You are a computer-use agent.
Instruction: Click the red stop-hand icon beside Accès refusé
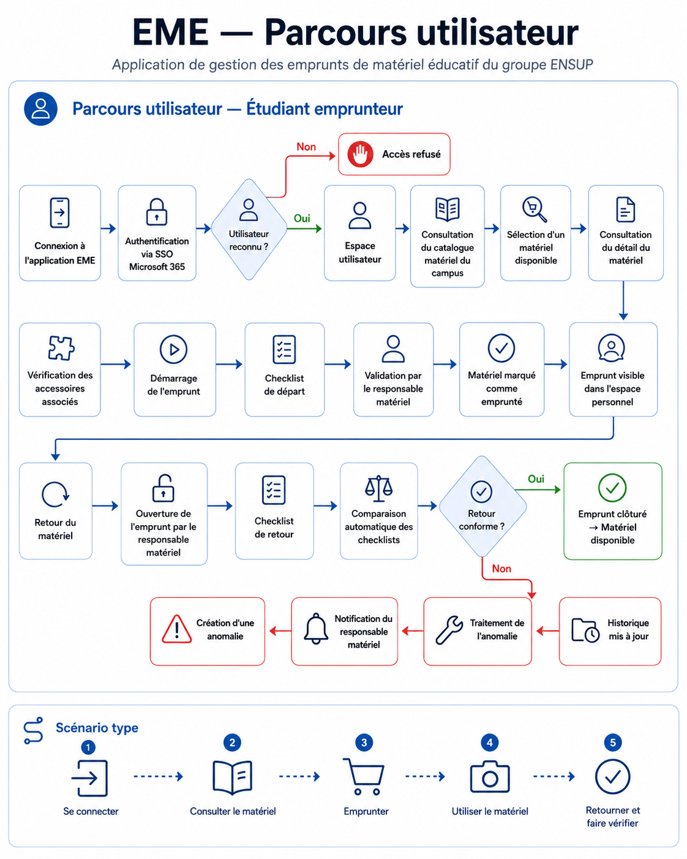[x=360, y=154]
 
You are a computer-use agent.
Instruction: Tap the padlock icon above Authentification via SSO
[x=157, y=212]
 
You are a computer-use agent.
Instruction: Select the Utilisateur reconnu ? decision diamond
[x=249, y=230]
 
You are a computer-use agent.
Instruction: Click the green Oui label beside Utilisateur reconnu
[x=302, y=218]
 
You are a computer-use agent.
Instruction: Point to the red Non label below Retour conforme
[x=501, y=569]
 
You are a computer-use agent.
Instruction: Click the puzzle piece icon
[x=61, y=348]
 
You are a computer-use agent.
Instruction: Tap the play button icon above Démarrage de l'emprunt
[x=173, y=349]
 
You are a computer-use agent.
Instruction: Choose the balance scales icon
[x=378, y=488]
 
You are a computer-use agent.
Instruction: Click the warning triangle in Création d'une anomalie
[x=177, y=629]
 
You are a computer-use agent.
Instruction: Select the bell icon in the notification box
[x=316, y=629]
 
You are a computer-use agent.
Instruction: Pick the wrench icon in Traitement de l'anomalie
[x=449, y=630]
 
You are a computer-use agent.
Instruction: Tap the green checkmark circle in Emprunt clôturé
[x=612, y=488]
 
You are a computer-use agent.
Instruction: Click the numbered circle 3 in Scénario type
[x=364, y=743]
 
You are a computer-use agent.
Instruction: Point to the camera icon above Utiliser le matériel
[x=490, y=776]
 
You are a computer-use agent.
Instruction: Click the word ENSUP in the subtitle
[x=571, y=65]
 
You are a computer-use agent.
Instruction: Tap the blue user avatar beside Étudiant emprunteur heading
[x=40, y=109]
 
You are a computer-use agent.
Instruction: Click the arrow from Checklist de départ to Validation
[x=338, y=364]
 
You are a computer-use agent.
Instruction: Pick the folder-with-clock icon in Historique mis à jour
[x=585, y=630]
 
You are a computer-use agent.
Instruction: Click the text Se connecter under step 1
[x=91, y=811]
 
